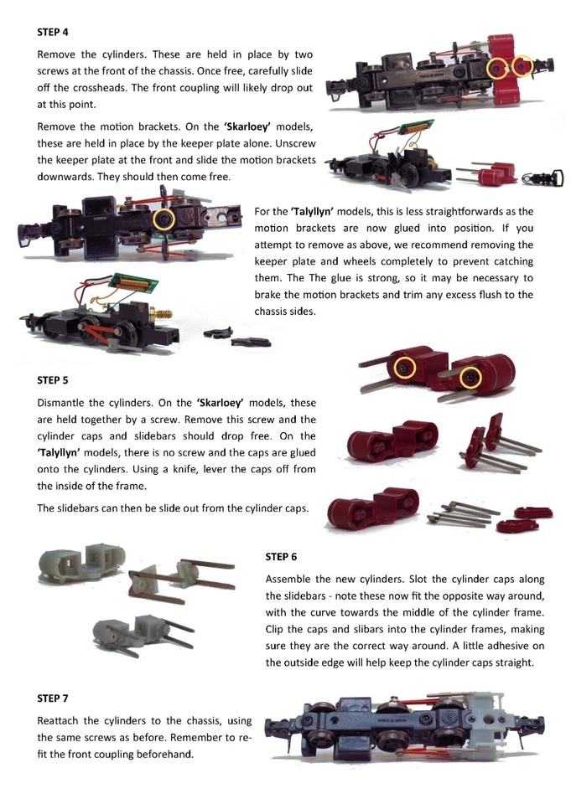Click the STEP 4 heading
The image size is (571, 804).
click(53, 33)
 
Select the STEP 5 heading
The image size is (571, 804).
click(53, 379)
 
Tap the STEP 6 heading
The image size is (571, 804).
click(281, 556)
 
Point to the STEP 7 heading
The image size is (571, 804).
click(53, 698)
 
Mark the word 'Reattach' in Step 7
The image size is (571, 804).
click(59, 720)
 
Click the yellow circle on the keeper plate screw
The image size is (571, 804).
click(164, 219)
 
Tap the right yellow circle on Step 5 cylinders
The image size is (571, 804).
click(471, 378)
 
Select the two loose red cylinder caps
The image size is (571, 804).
click(527, 518)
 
